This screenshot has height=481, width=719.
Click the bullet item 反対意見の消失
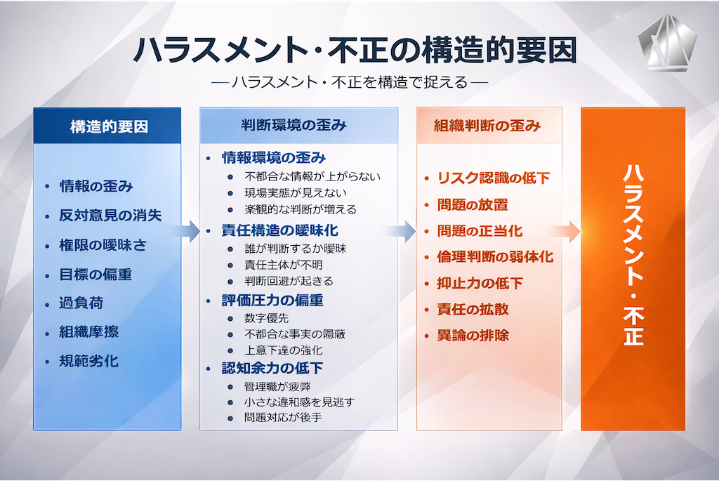110,216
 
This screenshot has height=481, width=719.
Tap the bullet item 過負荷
81,303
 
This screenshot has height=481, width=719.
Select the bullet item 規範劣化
88,362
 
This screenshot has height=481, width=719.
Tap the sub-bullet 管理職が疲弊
277,386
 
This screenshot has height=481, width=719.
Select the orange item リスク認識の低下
494,178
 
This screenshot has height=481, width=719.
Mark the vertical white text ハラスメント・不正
633,256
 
